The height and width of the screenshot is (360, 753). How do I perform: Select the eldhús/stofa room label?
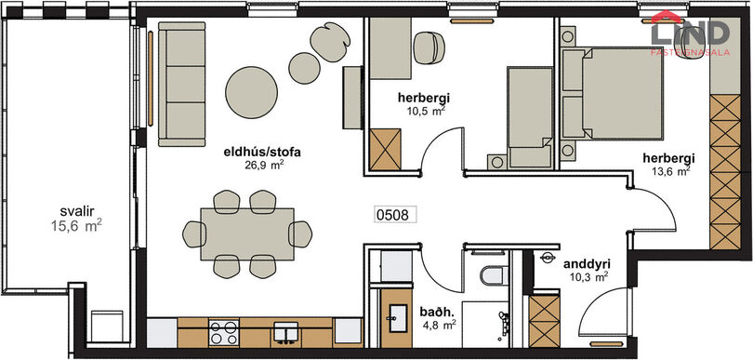click(262, 153)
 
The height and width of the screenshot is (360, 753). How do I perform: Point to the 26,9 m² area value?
click(264, 166)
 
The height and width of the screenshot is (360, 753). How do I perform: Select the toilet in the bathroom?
click(495, 275)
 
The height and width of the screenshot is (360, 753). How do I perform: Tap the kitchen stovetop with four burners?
click(224, 333)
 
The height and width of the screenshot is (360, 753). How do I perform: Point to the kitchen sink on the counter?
click(285, 333)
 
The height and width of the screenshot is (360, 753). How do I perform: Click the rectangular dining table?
click(247, 234)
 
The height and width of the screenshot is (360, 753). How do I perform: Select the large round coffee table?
click(252, 92)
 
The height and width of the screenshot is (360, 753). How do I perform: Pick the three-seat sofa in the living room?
click(182, 84)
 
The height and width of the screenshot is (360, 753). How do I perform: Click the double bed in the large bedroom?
click(613, 93)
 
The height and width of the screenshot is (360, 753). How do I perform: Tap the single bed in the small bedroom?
click(531, 118)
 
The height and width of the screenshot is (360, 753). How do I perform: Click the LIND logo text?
click(690, 34)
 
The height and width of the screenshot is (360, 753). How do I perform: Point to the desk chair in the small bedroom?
click(429, 47)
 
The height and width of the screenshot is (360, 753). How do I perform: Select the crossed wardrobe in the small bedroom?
click(386, 149)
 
